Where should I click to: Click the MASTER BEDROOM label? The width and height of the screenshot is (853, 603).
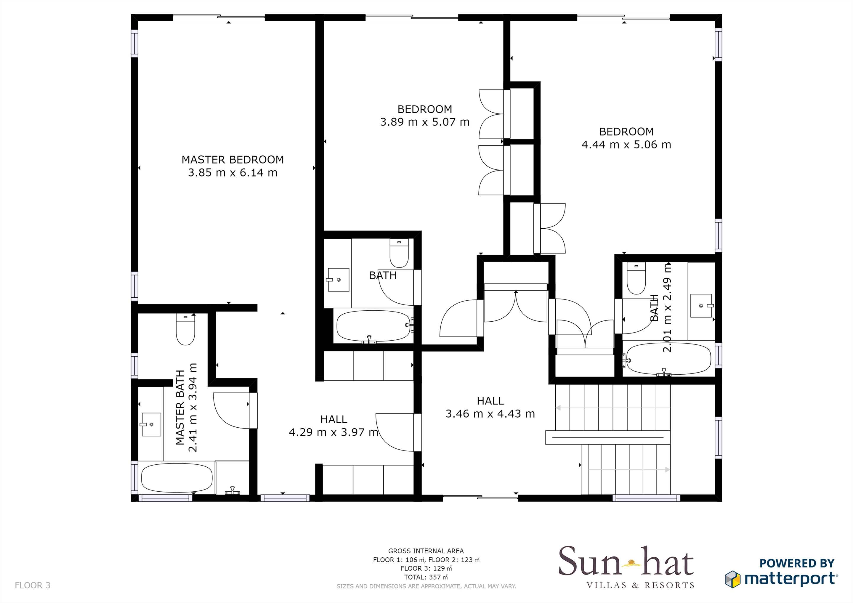coord(233,160)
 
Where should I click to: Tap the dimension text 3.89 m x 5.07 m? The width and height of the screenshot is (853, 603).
coord(425,122)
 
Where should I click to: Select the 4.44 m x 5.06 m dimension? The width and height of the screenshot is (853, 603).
coord(626,145)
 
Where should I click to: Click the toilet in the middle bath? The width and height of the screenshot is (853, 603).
coord(399,254)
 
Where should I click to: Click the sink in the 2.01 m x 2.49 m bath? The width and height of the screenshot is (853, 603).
coord(701,305)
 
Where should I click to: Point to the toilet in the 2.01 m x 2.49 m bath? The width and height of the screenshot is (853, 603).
coord(636,278)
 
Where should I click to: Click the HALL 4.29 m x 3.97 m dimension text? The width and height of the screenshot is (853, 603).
coord(333,432)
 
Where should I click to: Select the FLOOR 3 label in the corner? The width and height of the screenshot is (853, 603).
coord(32,586)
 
